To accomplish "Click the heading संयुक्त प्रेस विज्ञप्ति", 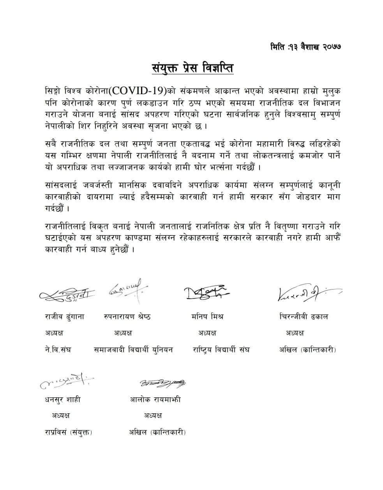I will [x=192, y=68].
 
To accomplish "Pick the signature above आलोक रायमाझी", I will [x=163, y=383].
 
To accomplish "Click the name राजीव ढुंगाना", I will [x=64, y=316].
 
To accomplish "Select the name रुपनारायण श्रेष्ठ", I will [x=127, y=316].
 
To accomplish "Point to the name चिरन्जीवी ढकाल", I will [x=304, y=316].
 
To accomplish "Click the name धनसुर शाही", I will [x=63, y=399].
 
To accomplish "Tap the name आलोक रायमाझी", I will [x=155, y=399].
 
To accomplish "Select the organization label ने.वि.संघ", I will [x=58, y=349].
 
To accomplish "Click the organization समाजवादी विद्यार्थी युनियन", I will [x=133, y=349].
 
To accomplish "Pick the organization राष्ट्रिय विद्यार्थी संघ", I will [x=221, y=349].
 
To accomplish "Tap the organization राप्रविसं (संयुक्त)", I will [x=69, y=432].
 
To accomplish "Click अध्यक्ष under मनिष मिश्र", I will [x=207, y=333].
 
